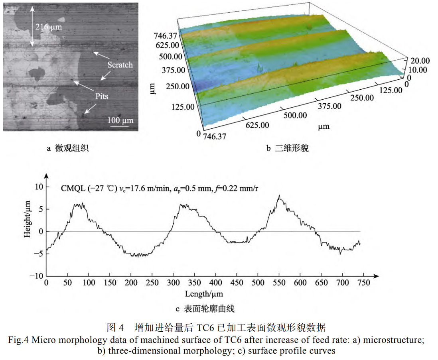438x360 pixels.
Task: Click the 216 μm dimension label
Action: [x=49, y=27]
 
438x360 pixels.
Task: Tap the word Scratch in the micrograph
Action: [x=120, y=65]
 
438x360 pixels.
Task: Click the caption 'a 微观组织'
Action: [x=67, y=149]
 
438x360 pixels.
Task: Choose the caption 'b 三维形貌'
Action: [x=287, y=149]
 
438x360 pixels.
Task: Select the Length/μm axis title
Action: [x=203, y=294]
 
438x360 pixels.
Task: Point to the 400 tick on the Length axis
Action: [x=215, y=283]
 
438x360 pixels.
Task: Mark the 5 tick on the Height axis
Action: [x=39, y=209]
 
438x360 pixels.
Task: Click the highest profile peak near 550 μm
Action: [x=279, y=196]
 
